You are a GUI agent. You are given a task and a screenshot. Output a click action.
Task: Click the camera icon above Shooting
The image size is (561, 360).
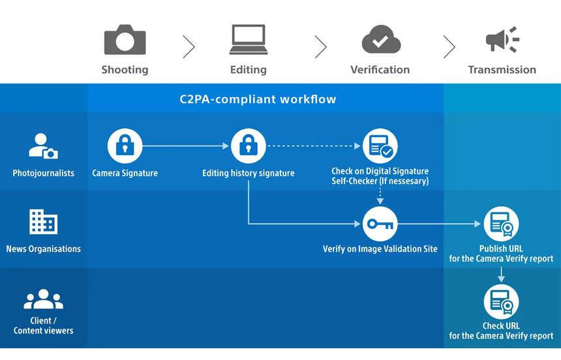click(x=125, y=39)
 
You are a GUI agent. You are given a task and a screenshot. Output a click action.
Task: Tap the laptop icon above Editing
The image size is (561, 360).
click(x=249, y=39)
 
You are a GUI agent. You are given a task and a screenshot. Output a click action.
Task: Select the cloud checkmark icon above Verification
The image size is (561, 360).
click(x=381, y=39)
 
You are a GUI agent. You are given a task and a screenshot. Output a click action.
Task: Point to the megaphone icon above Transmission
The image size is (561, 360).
click(x=502, y=39)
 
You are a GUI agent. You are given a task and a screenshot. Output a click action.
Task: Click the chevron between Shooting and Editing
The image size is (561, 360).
click(x=189, y=46)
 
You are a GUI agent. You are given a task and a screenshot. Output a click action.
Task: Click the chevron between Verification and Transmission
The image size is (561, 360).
click(x=449, y=46)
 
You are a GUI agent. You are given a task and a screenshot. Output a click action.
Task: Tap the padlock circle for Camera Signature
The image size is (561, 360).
click(x=125, y=146)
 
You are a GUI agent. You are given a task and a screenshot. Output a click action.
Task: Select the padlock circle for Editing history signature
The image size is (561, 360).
click(x=249, y=146)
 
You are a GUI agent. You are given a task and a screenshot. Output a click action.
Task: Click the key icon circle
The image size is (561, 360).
click(x=380, y=224)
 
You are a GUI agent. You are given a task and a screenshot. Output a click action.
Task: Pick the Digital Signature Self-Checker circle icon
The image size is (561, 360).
click(x=380, y=146)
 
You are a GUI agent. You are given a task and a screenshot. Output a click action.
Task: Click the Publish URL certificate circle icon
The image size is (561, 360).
click(x=501, y=224)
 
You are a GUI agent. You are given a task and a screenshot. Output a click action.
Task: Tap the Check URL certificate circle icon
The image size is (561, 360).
click(x=501, y=302)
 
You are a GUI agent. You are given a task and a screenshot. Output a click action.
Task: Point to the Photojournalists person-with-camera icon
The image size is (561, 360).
click(x=43, y=146)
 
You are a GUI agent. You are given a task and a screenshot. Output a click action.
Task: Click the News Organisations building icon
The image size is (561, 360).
click(x=43, y=222)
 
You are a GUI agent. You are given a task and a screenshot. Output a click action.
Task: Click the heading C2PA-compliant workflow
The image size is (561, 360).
click(x=258, y=99)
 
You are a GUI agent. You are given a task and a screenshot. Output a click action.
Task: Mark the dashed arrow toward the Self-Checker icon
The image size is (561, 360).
click(x=314, y=146)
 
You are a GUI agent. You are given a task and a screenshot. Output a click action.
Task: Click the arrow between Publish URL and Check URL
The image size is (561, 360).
click(x=501, y=275)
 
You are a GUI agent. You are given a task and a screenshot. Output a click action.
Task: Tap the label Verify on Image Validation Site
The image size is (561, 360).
click(x=380, y=249)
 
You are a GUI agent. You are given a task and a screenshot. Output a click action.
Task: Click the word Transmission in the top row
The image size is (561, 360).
click(x=502, y=69)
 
